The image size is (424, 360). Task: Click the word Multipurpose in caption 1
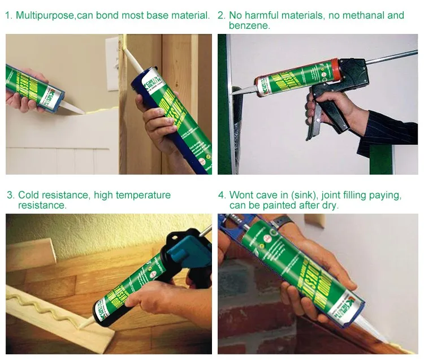click(x=45, y=15)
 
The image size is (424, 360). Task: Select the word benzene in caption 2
click(x=249, y=25)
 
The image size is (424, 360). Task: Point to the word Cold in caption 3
click(x=28, y=195)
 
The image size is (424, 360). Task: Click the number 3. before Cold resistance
click(x=11, y=195)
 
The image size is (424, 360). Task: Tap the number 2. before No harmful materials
click(x=222, y=15)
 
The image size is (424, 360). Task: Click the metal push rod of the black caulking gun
click(x=390, y=57)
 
